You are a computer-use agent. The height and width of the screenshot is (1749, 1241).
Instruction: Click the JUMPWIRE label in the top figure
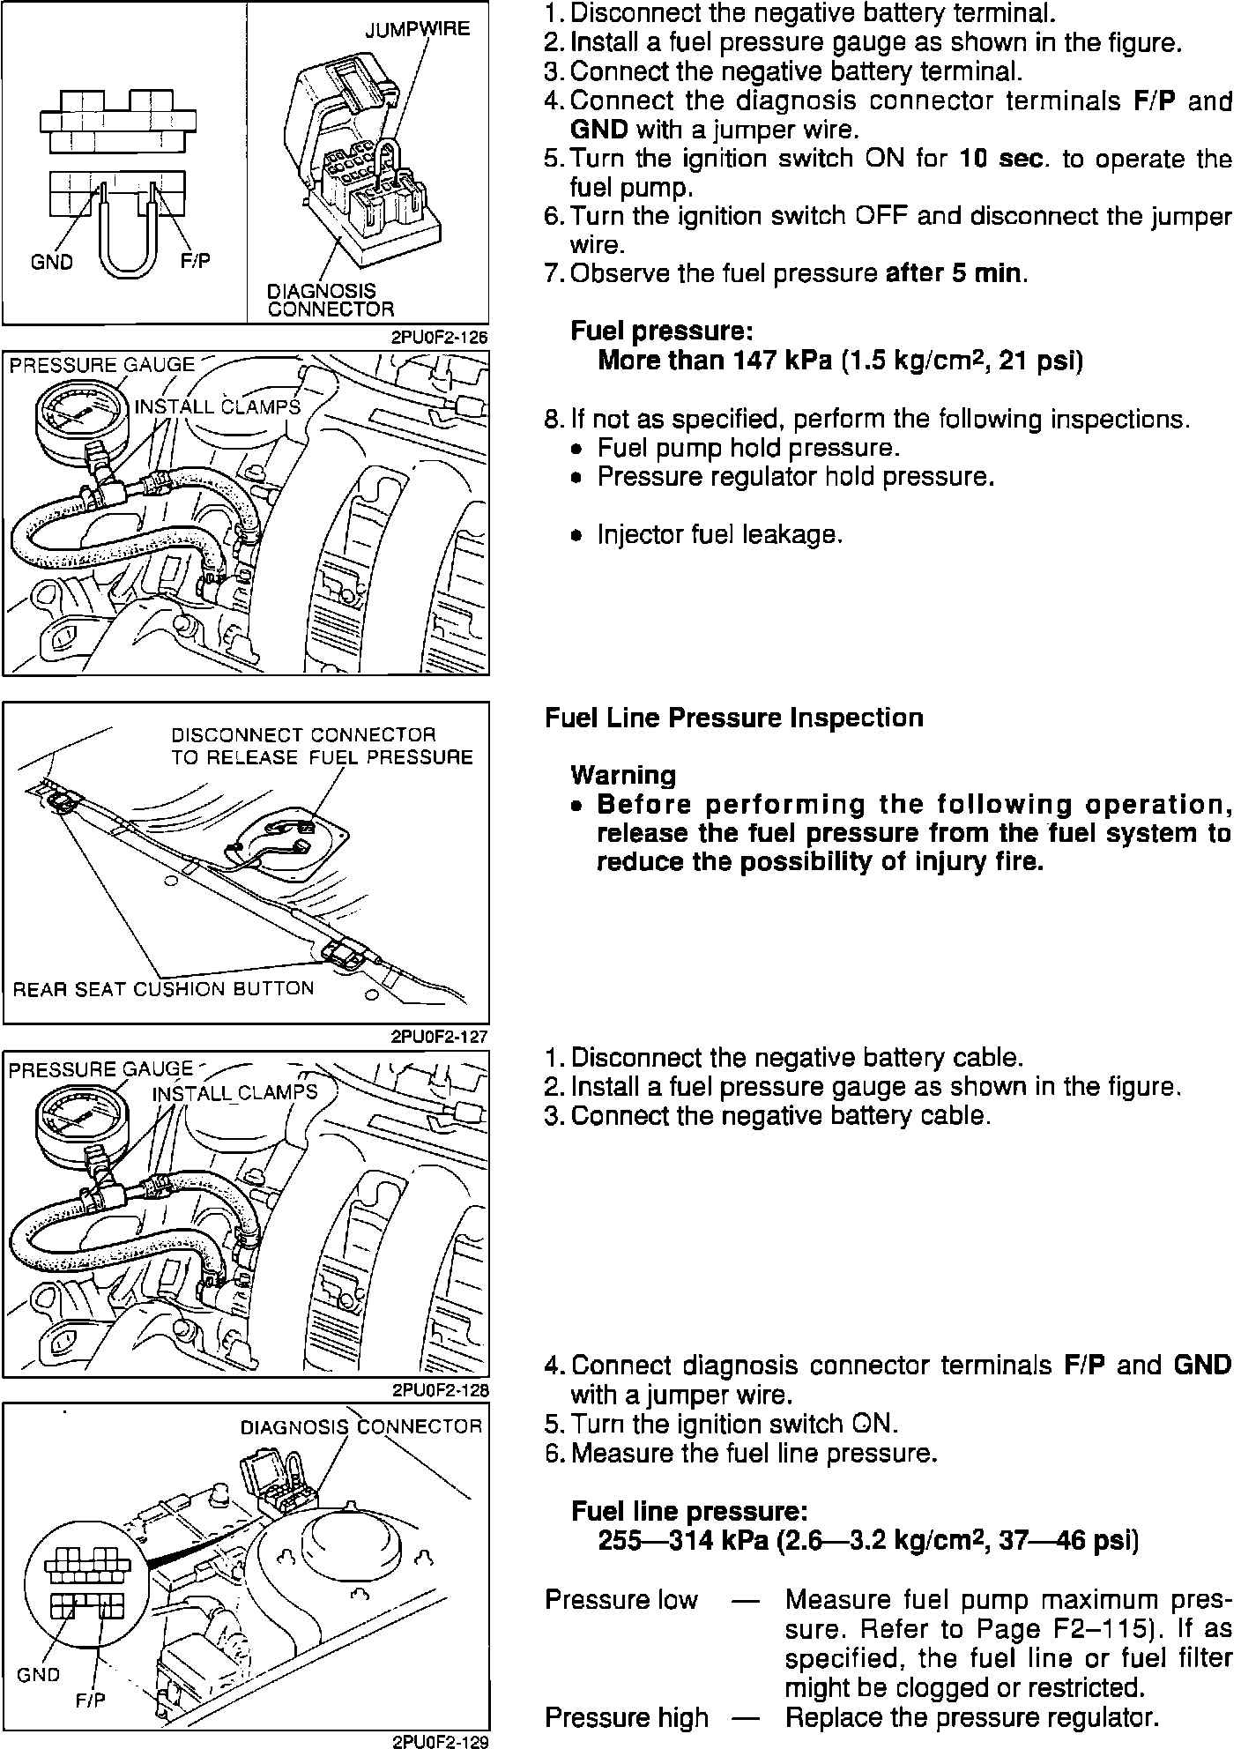pos(418,30)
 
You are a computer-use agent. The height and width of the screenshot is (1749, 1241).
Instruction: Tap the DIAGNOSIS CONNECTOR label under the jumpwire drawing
pos(331,300)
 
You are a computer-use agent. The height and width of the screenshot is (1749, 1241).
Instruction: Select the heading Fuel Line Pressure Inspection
pos(734,718)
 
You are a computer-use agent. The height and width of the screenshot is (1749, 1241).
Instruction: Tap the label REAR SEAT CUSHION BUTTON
pos(163,988)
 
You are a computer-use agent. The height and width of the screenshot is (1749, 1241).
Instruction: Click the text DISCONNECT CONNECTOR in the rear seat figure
pos(303,734)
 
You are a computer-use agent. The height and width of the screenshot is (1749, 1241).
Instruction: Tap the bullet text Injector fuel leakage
pos(720,535)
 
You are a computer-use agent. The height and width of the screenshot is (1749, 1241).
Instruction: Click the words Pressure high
pos(627,1717)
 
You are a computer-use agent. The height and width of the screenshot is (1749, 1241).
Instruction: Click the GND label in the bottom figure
pos(38,1675)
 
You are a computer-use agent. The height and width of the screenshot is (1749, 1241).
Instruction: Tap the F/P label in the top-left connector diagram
pos(195,262)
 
